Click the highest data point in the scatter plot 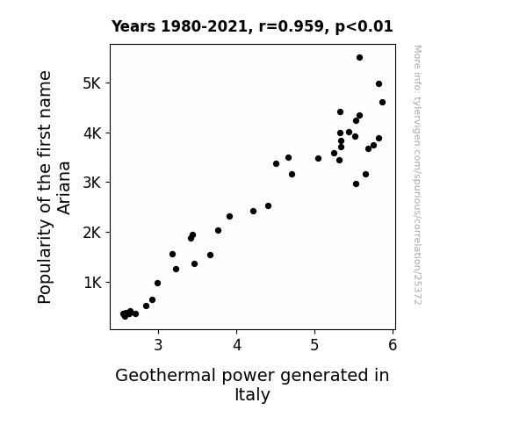point(359,58)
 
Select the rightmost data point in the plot point(382,103)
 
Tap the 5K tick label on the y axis point(92,83)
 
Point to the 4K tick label point(92,133)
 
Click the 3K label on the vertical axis point(92,183)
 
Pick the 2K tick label point(92,233)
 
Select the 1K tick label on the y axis point(92,283)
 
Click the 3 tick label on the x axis point(158,345)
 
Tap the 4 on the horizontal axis point(237,345)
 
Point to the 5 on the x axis point(314,345)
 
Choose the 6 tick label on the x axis point(393,345)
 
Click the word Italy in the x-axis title point(253,395)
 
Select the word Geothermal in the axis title point(165,376)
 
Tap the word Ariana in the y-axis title point(64,188)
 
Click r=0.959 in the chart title point(292,26)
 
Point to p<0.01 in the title point(364,27)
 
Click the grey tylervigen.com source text point(417,175)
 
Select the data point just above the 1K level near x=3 point(157,283)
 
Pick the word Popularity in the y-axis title point(45,261)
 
